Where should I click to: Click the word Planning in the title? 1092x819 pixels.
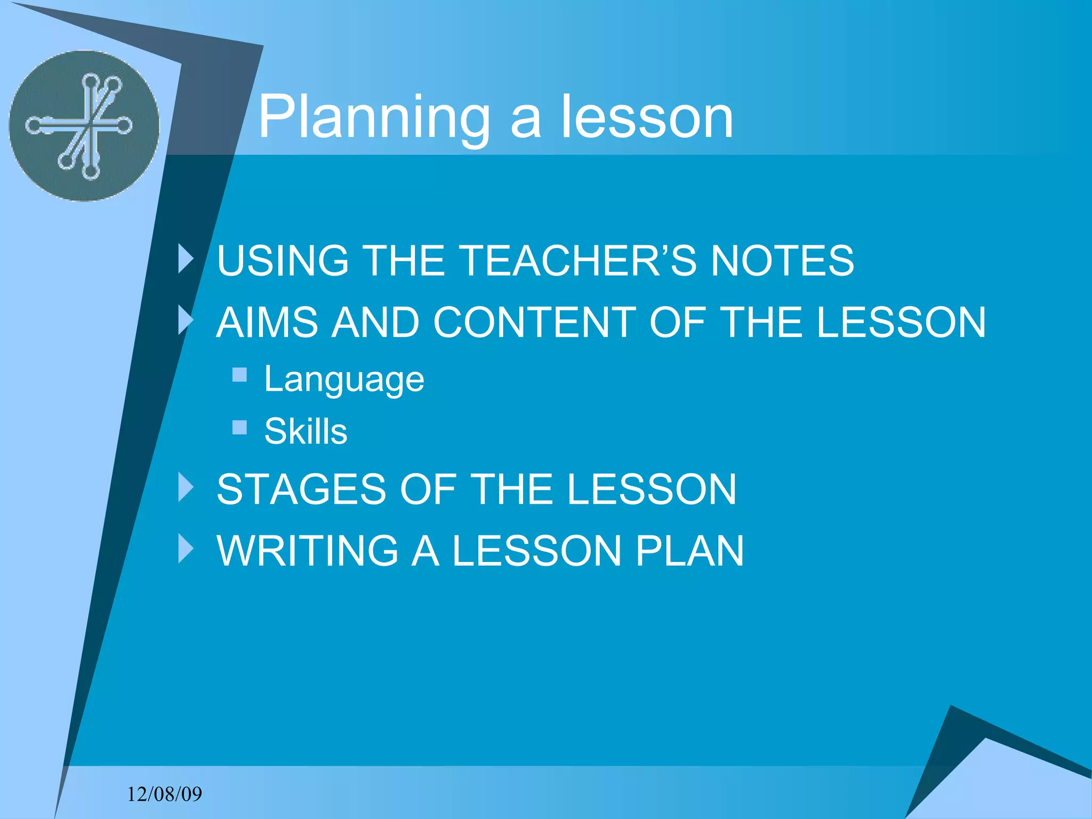click(x=374, y=117)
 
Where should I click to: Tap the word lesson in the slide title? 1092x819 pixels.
click(x=647, y=117)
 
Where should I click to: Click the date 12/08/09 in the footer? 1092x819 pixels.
click(x=164, y=794)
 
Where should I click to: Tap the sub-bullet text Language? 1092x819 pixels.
click(x=344, y=380)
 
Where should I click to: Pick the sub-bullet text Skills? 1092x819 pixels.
click(x=306, y=431)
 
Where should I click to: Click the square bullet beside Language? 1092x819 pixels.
click(x=240, y=375)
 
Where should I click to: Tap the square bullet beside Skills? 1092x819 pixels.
click(x=240, y=427)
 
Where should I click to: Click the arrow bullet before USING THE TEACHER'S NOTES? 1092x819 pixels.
click(x=186, y=259)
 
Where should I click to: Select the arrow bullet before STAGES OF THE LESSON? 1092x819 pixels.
click(x=186, y=487)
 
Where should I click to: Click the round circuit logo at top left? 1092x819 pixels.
click(x=84, y=126)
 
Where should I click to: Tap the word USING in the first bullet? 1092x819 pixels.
click(x=283, y=261)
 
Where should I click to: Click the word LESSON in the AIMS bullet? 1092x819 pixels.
click(x=901, y=323)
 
